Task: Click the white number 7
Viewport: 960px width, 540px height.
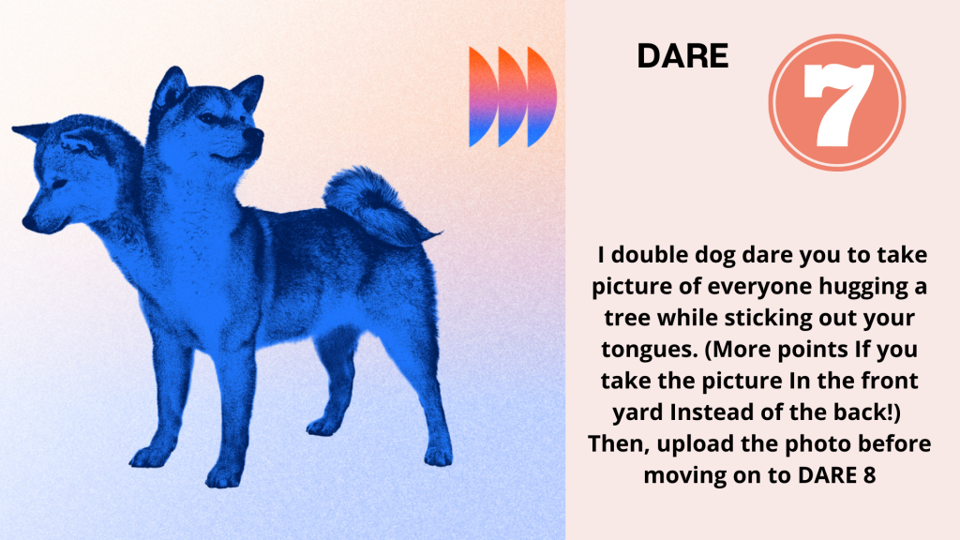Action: pos(837,104)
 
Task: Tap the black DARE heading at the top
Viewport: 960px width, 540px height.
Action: pos(682,56)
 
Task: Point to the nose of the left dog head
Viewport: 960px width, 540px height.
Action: pos(28,221)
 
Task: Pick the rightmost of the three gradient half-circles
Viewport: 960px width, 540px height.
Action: pos(542,97)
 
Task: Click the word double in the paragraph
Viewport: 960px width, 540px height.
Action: pos(650,254)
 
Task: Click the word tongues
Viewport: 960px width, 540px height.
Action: pos(650,351)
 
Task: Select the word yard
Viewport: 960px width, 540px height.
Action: pos(637,413)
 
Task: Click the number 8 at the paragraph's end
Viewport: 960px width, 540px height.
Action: pos(869,475)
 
